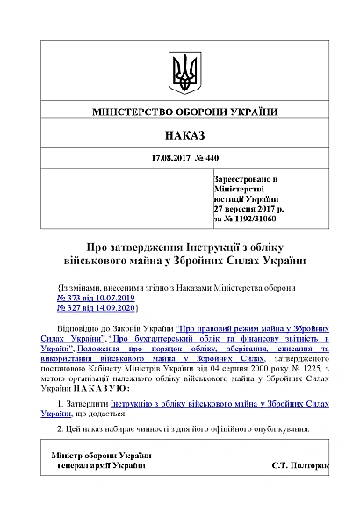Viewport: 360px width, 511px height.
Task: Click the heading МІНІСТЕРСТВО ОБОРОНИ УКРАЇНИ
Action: pyautogui.click(x=184, y=113)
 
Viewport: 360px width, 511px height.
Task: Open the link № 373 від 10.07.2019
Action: pyautogui.click(x=92, y=299)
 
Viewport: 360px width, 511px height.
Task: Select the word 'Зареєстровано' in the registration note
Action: pyautogui.click(x=243, y=178)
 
